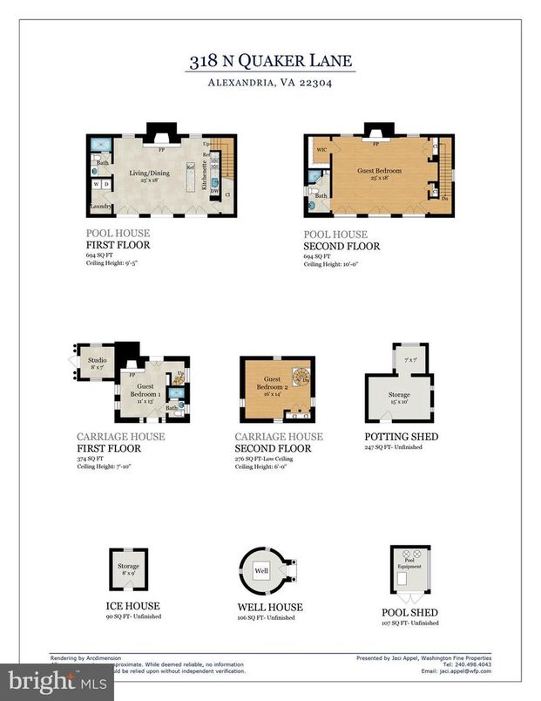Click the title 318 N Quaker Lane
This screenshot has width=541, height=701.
271,61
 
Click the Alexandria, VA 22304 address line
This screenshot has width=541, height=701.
271,84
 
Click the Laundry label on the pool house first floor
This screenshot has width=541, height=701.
98,207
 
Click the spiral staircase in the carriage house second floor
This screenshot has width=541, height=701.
301,377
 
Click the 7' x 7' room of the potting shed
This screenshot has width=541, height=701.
410,360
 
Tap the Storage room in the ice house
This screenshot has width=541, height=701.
128,569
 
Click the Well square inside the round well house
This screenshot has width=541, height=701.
260,571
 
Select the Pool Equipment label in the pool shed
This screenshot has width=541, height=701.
409,564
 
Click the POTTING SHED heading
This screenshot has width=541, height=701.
401,436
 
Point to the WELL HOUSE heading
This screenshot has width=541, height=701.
270,607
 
